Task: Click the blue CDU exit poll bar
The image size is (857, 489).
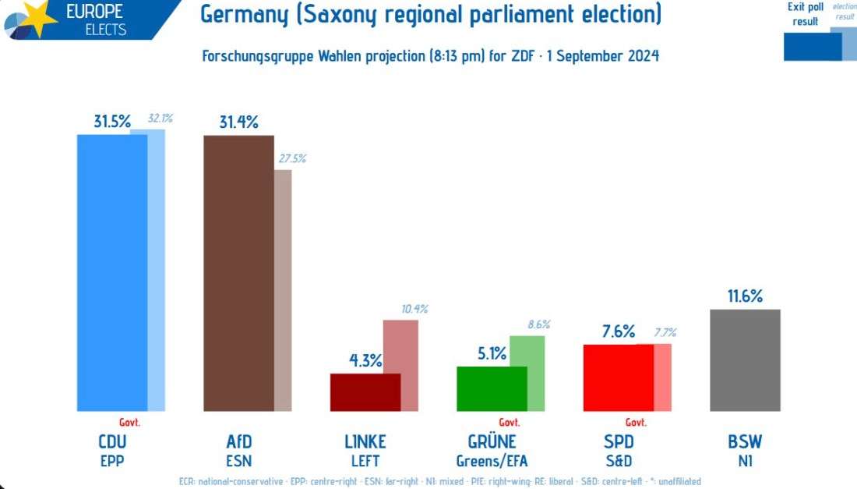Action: (x=111, y=273)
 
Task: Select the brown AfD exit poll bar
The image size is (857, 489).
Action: (x=238, y=273)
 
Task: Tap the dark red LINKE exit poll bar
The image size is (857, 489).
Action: (x=365, y=392)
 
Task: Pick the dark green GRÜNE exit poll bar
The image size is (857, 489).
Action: (x=492, y=388)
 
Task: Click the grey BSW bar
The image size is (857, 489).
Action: (x=745, y=360)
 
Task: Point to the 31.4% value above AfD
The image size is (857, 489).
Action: (x=238, y=122)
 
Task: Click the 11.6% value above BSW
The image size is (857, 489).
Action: (x=745, y=296)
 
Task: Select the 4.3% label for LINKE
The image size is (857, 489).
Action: (x=365, y=360)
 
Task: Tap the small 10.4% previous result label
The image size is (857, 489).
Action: (x=414, y=309)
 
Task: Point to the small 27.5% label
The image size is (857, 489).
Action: (x=292, y=158)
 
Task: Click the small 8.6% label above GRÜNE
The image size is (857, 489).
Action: (x=539, y=324)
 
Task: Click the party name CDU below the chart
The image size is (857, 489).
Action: (x=112, y=442)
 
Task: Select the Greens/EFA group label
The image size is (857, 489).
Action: (x=492, y=460)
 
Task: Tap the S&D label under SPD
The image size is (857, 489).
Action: (x=618, y=460)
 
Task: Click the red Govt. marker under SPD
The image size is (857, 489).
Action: (x=636, y=423)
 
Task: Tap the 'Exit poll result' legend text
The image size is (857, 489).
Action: (x=806, y=14)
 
